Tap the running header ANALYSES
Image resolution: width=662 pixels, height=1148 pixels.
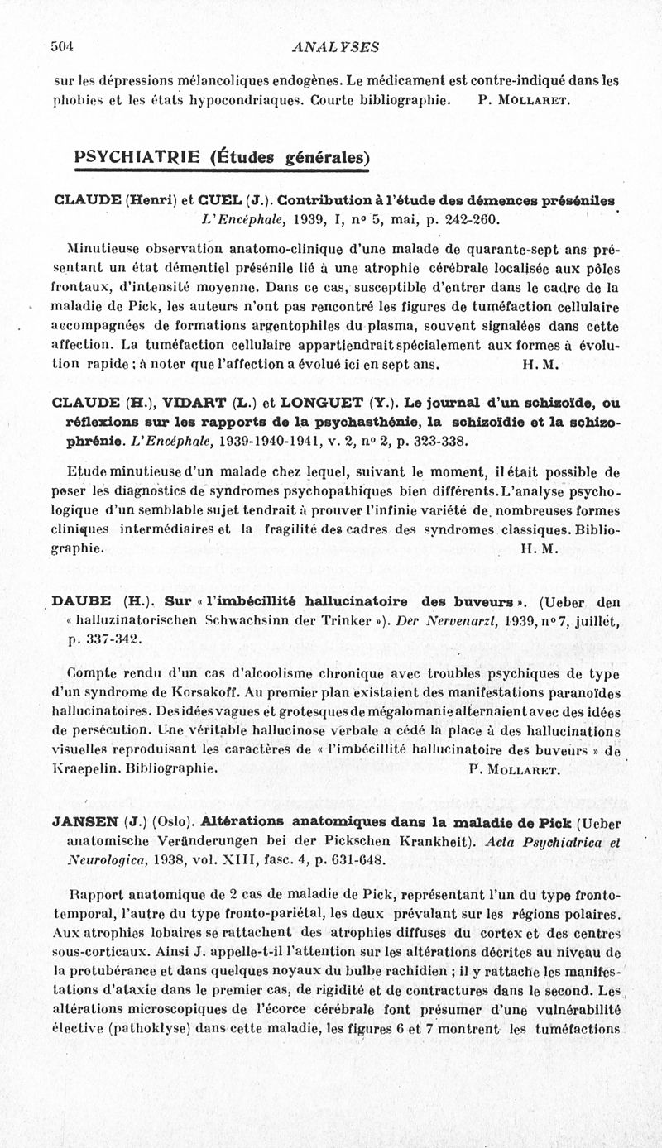(336, 48)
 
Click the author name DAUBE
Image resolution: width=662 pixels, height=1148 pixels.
(81, 601)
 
